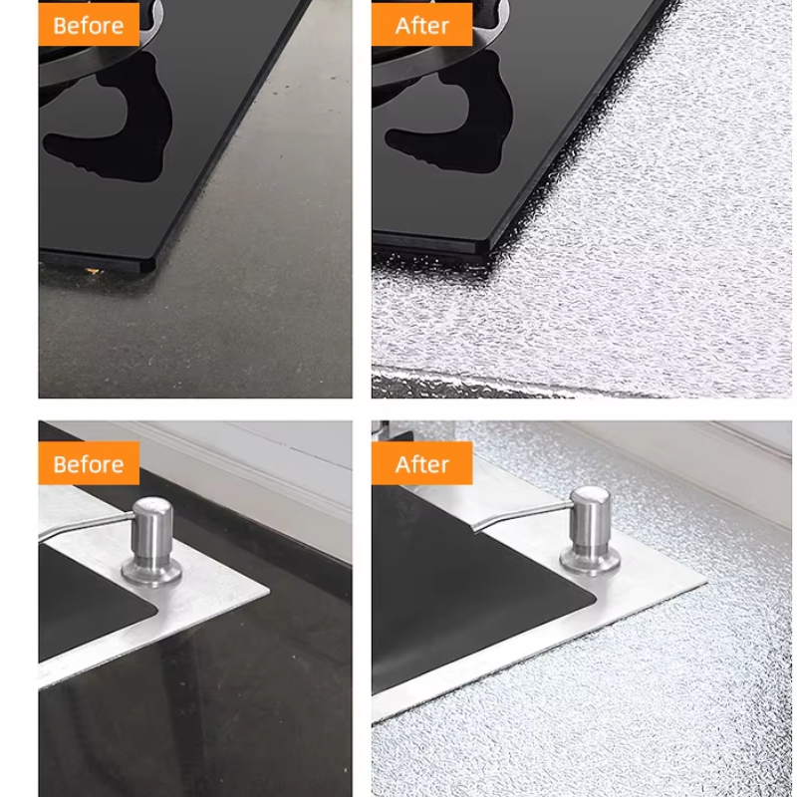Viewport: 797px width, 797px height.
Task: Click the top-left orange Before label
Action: (89, 24)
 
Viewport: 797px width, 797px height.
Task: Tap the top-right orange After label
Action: (421, 24)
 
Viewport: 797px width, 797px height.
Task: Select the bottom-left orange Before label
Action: (89, 463)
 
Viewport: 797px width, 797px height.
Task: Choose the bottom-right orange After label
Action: (421, 463)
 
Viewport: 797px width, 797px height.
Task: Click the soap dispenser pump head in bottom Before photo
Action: (152, 525)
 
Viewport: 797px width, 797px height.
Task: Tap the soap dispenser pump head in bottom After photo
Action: (590, 514)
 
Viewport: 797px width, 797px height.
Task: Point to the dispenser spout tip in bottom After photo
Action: (476, 529)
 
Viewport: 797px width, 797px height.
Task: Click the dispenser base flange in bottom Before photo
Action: (152, 571)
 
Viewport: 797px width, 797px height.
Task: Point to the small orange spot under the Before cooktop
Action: (94, 271)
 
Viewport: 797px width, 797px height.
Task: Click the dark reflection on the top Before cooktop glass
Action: (110, 122)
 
